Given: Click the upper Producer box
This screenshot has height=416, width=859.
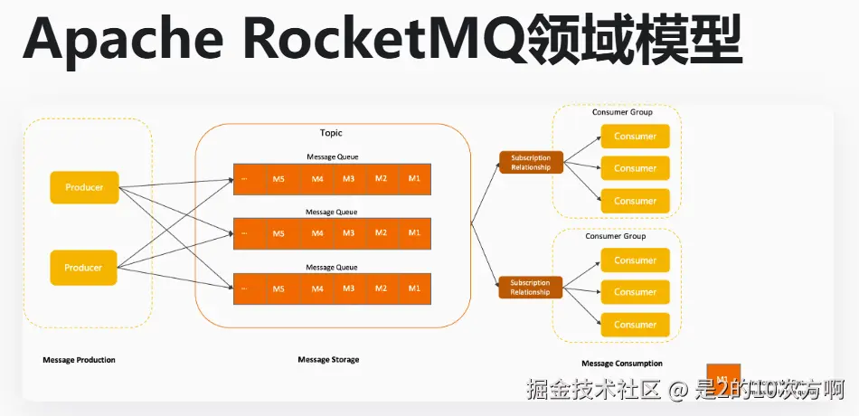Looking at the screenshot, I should tap(84, 187).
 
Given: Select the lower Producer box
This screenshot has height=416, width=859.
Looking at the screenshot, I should tap(84, 268).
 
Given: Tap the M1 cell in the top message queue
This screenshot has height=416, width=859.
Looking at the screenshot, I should tap(414, 178).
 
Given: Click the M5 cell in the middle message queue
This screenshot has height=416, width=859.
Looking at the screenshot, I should tap(278, 233).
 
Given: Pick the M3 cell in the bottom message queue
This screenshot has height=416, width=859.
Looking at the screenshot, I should tap(349, 288).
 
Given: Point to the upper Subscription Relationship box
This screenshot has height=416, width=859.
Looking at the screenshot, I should tap(531, 163).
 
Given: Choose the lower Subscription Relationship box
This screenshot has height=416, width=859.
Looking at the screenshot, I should tap(531, 288).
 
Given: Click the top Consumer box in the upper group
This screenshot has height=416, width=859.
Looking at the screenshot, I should tap(636, 137).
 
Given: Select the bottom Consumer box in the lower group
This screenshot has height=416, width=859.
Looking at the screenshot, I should tap(636, 325).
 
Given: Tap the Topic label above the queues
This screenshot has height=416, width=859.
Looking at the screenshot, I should tap(331, 133).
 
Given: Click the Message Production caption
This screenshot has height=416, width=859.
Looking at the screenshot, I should tap(79, 360).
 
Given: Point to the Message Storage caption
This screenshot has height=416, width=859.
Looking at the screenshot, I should tap(328, 360).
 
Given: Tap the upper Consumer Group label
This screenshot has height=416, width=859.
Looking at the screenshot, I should tap(622, 112).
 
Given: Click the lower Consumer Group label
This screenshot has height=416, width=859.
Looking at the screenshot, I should tap(616, 236).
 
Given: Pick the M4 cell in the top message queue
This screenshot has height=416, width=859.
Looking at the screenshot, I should tap(317, 178).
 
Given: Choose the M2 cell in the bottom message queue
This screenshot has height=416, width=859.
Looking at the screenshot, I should tap(382, 288).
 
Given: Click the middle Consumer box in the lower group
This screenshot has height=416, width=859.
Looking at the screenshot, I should tap(636, 292).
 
